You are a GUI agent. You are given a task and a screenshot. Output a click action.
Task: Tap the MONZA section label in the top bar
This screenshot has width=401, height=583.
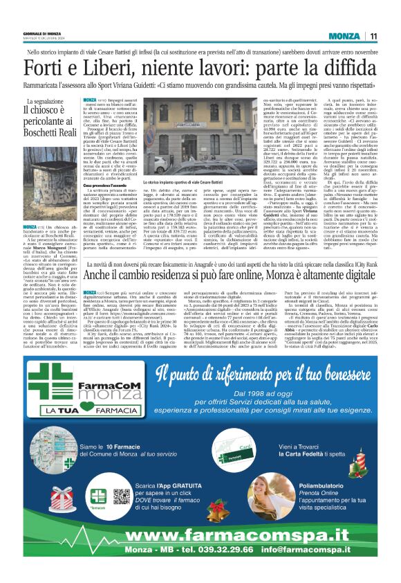click(343, 37)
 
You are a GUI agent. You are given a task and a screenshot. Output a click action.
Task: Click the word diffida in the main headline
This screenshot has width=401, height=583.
click(347, 69)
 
